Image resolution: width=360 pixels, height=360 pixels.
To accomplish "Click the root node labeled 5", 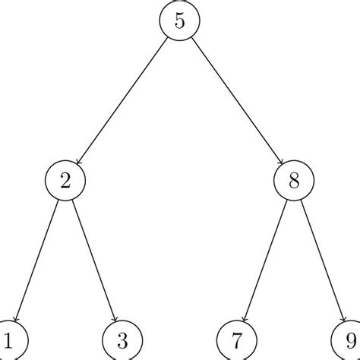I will coord(179,21).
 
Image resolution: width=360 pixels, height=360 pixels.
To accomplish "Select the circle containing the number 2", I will coord(65,181).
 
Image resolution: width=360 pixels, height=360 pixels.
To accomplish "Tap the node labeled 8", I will coord(293,181).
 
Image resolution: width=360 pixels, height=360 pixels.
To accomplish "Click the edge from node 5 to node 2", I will coord(122,101).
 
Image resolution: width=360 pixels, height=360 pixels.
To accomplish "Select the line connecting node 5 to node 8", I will coord(236,101).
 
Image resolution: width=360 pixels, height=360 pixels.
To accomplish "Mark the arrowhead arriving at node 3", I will coord(115,319).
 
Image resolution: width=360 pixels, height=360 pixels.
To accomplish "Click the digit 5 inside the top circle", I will coord(179,21).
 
